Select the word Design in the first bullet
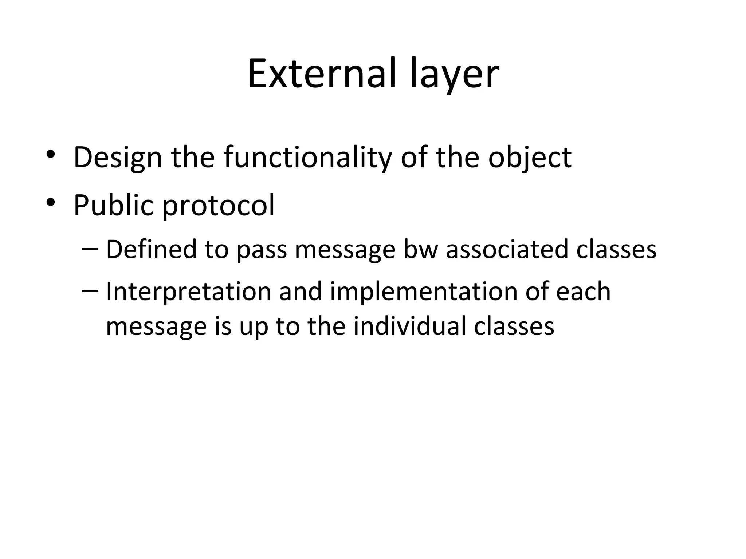click(118, 158)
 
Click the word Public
click(113, 205)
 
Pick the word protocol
click(218, 205)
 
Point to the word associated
click(507, 250)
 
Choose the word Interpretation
click(189, 292)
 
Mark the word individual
click(410, 326)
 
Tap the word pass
click(262, 250)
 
